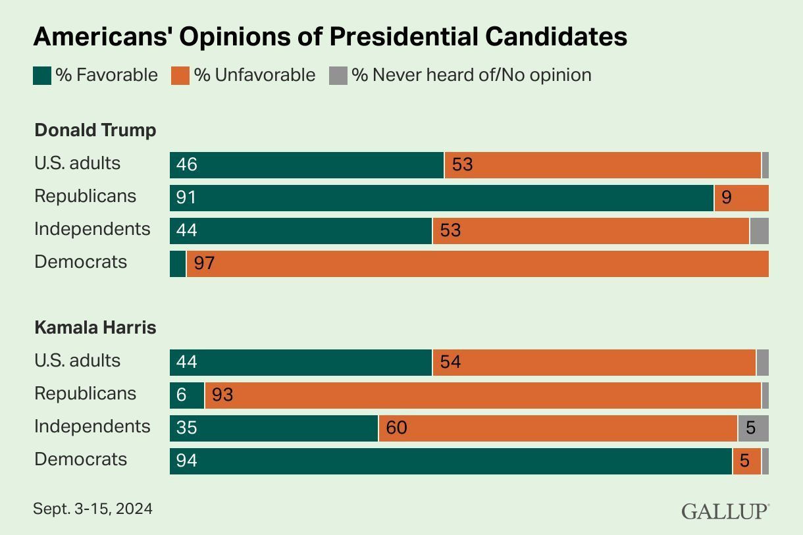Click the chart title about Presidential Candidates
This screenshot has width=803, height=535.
(x=330, y=37)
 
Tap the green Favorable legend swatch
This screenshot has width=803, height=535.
(x=42, y=76)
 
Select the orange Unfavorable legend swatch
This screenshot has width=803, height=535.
(x=180, y=76)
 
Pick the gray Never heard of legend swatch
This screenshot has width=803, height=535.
(x=338, y=76)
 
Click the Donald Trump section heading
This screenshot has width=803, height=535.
(x=95, y=130)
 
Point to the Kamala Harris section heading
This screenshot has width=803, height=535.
(x=95, y=328)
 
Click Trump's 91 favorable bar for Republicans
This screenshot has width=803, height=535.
(x=441, y=198)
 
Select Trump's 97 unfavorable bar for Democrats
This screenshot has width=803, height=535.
(x=477, y=264)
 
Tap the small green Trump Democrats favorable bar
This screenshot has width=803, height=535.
(x=178, y=264)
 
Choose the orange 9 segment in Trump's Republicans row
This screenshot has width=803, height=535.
(x=742, y=198)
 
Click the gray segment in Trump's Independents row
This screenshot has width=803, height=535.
(x=760, y=231)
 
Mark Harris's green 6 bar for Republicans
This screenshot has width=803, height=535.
(x=187, y=395)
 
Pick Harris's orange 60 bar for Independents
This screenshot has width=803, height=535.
(x=557, y=428)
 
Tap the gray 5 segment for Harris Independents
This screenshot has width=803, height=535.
(x=753, y=428)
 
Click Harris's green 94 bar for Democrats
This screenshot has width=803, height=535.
(x=451, y=461)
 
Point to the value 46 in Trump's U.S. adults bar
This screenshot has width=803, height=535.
(x=187, y=165)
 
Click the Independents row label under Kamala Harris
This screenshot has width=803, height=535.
(x=92, y=426)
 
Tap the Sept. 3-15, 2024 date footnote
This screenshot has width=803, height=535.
(x=93, y=509)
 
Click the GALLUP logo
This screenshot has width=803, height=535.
(x=725, y=511)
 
